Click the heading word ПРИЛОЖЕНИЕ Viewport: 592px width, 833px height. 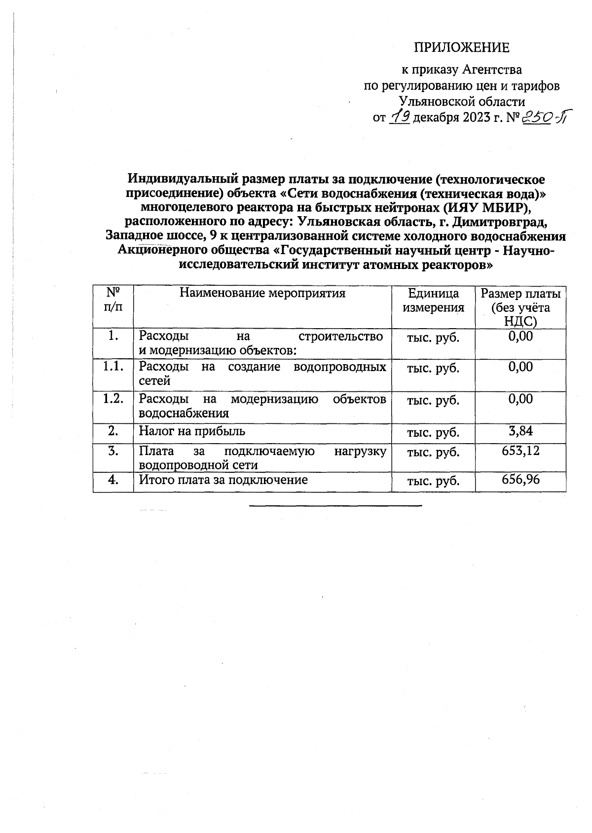click(461, 48)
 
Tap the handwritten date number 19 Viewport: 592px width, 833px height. click(399, 117)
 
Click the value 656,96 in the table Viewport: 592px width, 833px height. click(520, 479)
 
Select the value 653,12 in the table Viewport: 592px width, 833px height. click(520, 451)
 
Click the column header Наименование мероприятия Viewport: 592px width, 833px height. click(262, 293)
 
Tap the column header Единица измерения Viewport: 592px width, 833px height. click(433, 301)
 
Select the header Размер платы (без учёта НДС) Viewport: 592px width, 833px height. click(520, 307)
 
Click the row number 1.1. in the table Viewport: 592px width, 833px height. click(113, 367)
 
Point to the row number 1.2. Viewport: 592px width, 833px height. click(113, 399)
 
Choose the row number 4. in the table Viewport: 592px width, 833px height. click(113, 480)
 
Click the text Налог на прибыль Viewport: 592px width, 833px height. click(192, 431)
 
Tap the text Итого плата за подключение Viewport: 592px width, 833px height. click(223, 479)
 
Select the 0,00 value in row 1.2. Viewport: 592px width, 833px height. click(520, 399)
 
